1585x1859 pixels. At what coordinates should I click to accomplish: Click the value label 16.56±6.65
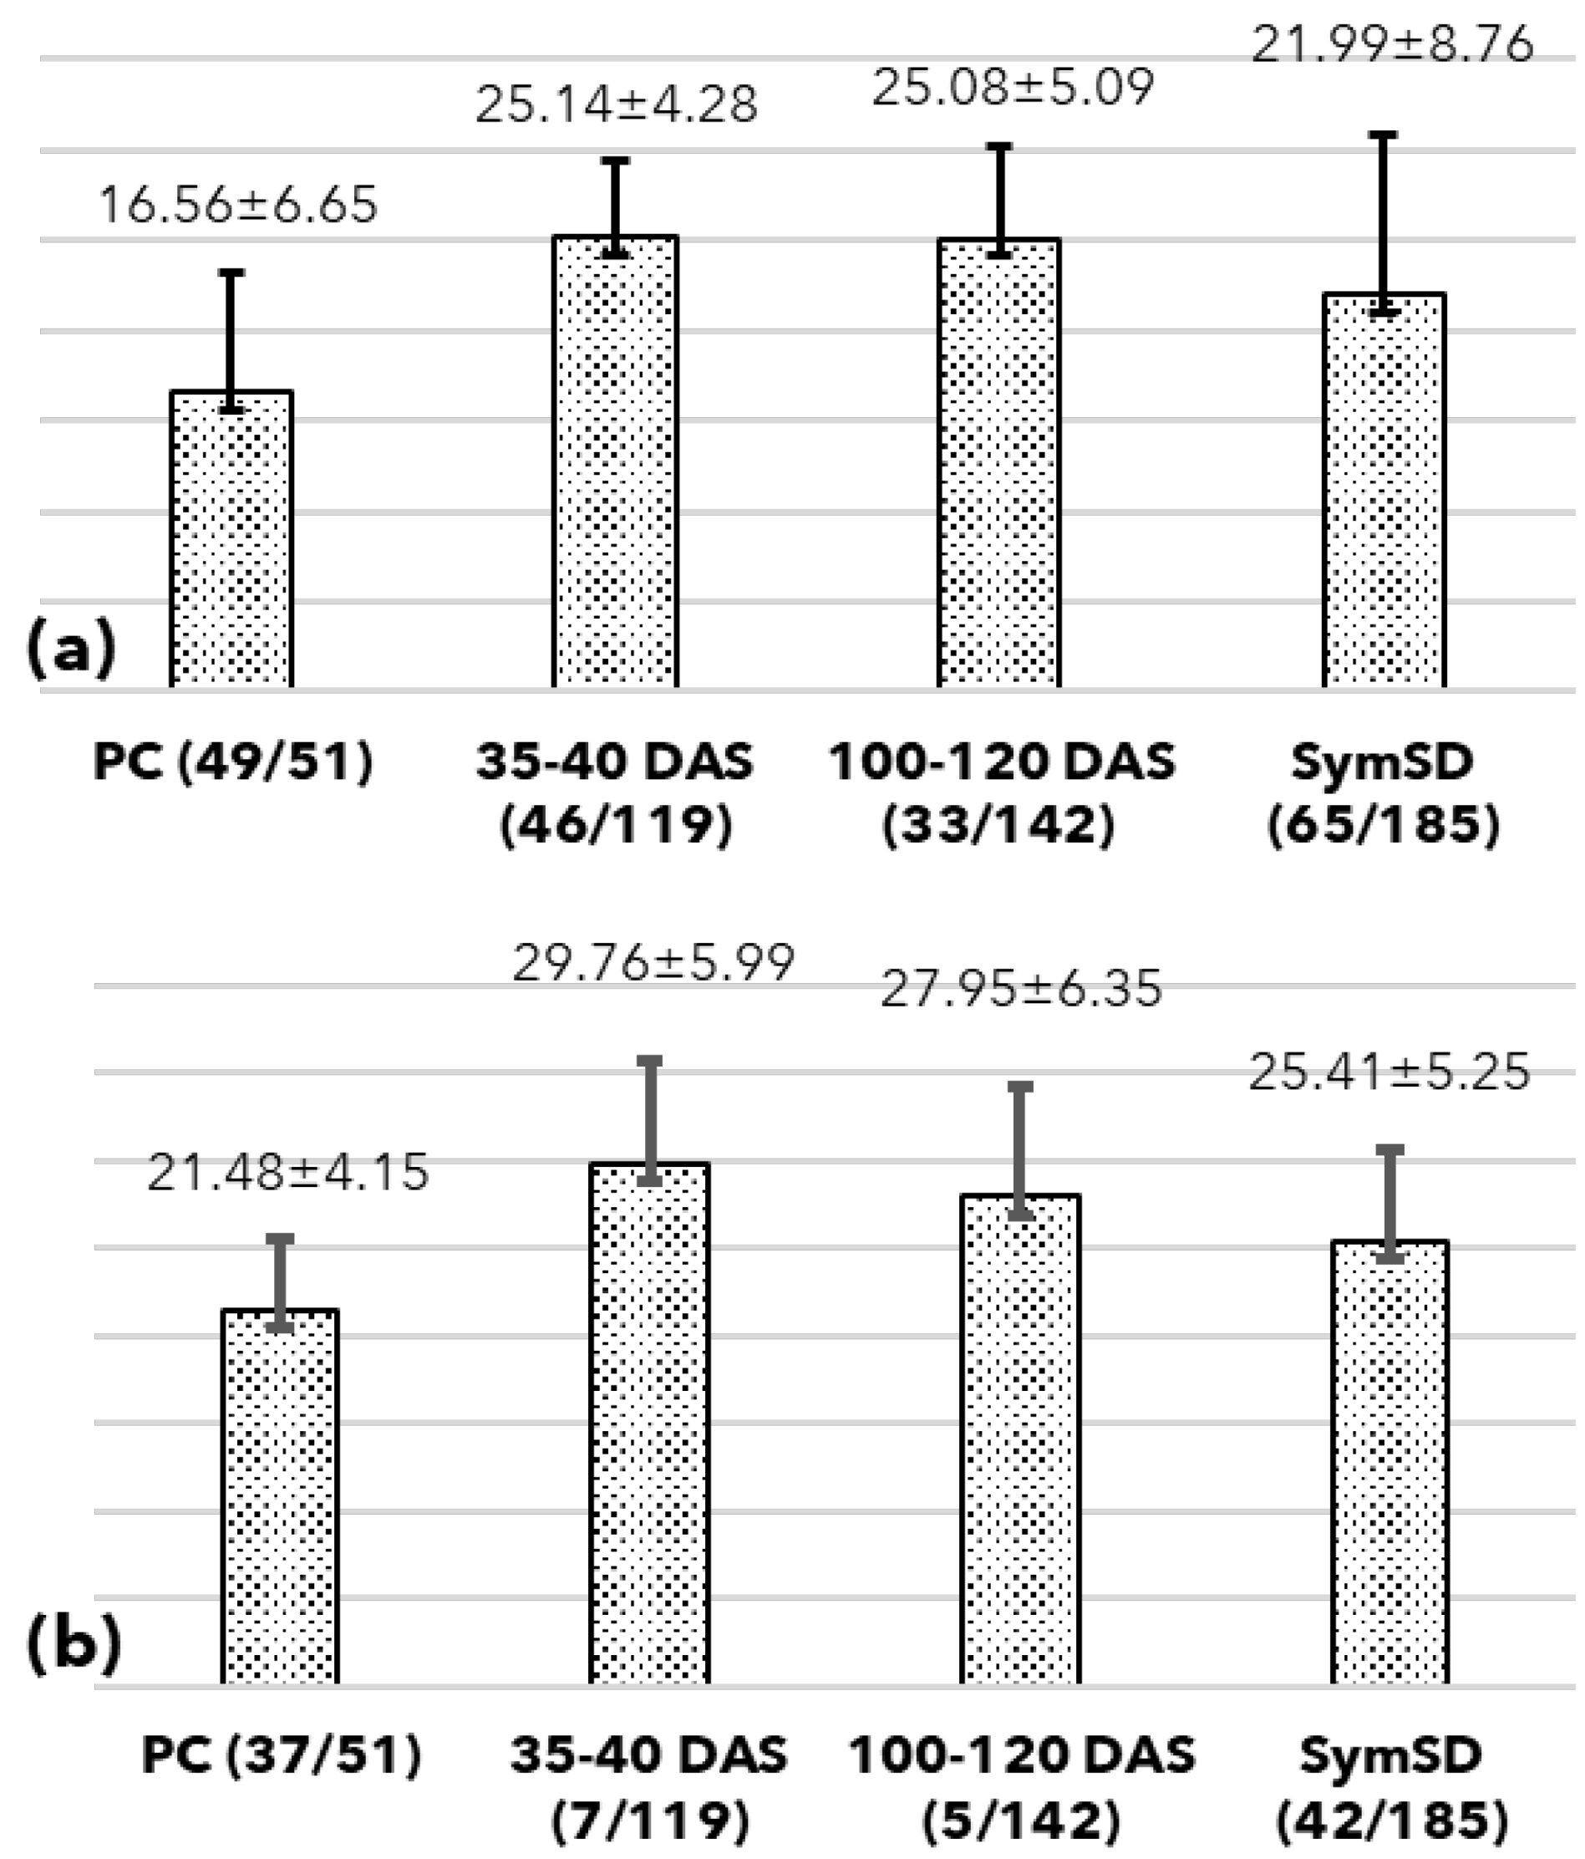[237, 205]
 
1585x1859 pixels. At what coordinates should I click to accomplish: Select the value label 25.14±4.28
[617, 104]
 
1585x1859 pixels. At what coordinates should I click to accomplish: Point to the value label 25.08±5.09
[1013, 87]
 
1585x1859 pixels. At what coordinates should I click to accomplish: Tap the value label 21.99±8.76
[1391, 44]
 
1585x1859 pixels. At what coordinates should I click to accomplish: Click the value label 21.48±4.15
[288, 1172]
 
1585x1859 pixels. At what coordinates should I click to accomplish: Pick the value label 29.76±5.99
[653, 963]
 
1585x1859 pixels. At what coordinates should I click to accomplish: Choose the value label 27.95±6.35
[1021, 988]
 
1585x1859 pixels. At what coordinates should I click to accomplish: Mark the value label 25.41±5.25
[1389, 1072]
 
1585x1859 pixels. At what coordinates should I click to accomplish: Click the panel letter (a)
[71, 648]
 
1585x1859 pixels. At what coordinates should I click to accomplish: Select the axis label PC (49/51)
[232, 762]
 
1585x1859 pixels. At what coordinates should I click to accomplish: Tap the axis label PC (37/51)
[281, 1755]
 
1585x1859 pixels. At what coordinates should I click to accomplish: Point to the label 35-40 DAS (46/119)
[615, 793]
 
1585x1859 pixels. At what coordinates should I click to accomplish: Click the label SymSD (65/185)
[1383, 793]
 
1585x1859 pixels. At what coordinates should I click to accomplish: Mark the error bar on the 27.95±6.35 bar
[1021, 1151]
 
